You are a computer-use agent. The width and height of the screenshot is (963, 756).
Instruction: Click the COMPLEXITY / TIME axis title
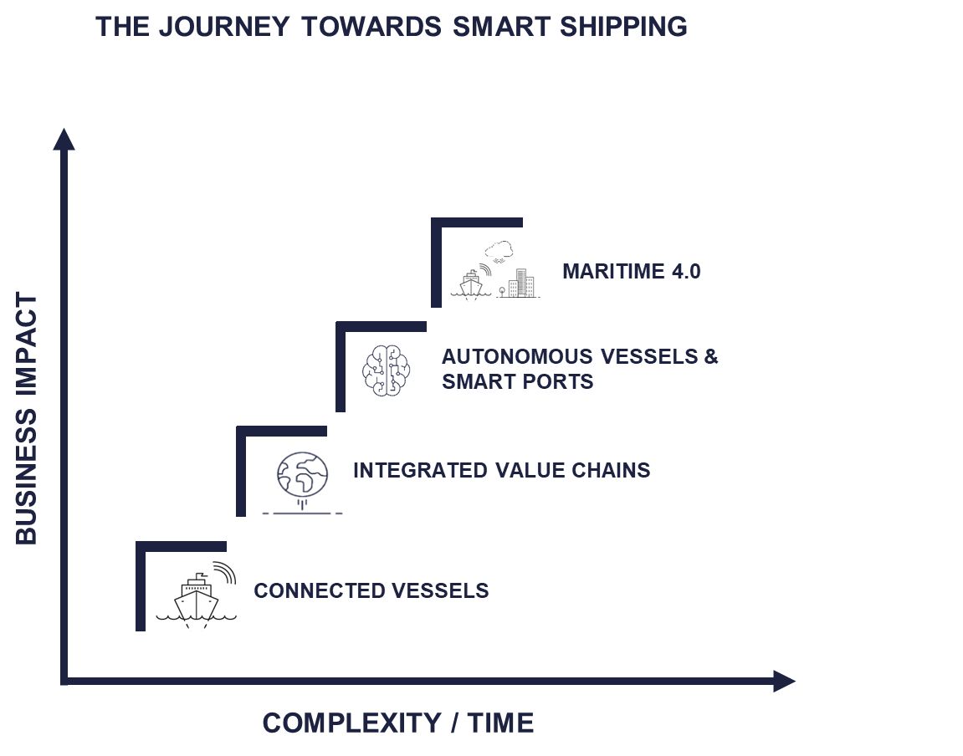point(397,723)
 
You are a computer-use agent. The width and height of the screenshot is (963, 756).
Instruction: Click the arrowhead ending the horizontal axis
point(783,681)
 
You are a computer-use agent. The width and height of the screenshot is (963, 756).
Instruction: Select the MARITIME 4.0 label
point(631,272)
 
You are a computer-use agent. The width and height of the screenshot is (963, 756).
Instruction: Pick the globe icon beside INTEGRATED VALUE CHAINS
point(302,474)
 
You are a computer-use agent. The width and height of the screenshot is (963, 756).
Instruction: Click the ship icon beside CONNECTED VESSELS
point(197,595)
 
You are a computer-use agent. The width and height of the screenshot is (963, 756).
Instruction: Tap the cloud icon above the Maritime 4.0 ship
point(499,250)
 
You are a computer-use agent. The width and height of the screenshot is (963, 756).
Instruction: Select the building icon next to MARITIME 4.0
point(520,283)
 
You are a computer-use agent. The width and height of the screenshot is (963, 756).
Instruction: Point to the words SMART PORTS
point(517,382)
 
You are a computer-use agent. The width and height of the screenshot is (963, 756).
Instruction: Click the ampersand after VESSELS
point(710,357)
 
